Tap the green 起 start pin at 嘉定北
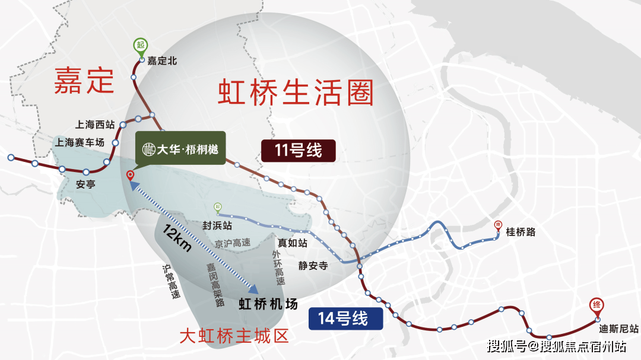pyautogui.click(x=141, y=46)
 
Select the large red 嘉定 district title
pyautogui.click(x=84, y=81)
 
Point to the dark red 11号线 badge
pyautogui.click(x=298, y=151)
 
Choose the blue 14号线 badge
pyautogui.click(x=346, y=319)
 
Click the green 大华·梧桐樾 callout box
pyautogui.click(x=180, y=148)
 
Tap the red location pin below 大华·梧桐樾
pyautogui.click(x=131, y=176)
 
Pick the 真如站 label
pyautogui.click(x=293, y=243)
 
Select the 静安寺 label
pyautogui.click(x=313, y=266)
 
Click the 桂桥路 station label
pyautogui.click(x=521, y=232)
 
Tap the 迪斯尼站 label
pyautogui.click(x=618, y=329)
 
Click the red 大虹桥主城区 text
pyautogui.click(x=234, y=337)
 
